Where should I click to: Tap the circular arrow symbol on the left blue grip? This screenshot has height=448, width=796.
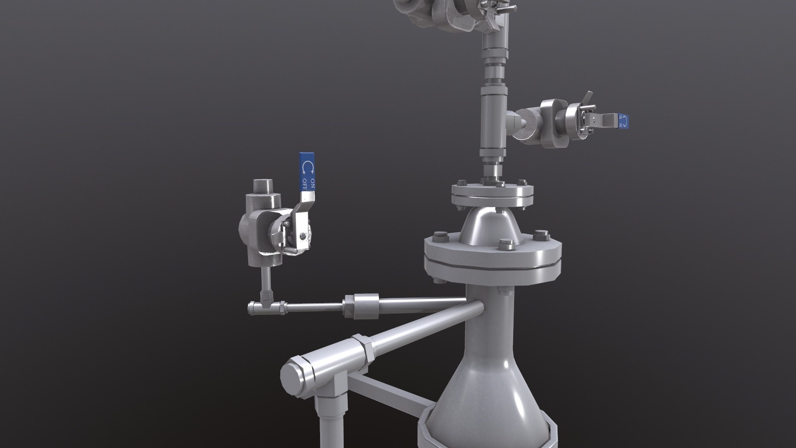pos(308,167)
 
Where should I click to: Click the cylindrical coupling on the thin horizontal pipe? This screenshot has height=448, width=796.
pos(360,306)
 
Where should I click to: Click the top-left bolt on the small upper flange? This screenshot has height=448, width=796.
pos(460,183)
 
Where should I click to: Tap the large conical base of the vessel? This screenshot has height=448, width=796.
pos(485,398)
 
